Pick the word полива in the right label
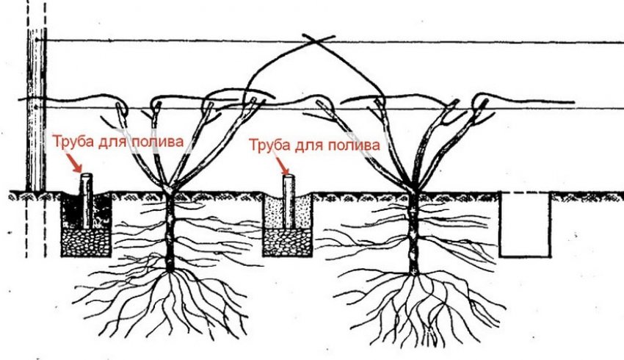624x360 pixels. click(x=357, y=145)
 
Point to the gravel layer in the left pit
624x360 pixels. click(x=86, y=241)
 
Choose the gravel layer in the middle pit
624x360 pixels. click(x=288, y=242)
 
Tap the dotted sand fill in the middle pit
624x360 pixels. click(x=275, y=213)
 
